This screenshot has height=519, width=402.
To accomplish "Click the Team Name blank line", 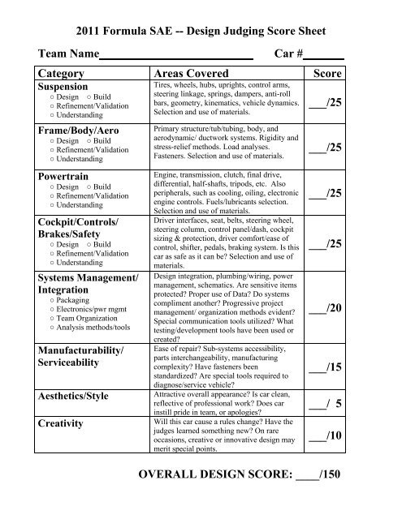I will click(175, 58).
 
